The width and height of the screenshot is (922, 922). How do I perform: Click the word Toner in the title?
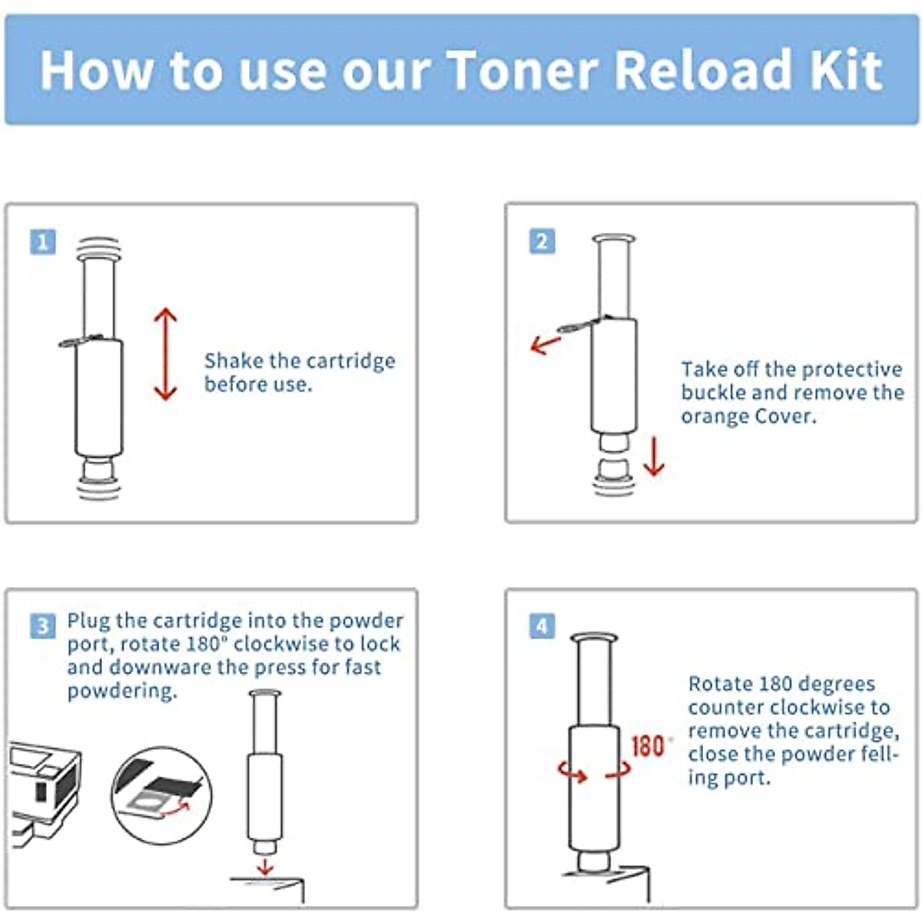522,70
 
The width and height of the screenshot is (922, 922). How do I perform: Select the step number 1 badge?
43,242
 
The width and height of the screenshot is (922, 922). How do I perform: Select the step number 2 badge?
542,241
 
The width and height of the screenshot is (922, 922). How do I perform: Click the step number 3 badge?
43,626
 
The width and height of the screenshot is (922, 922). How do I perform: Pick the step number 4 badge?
542,626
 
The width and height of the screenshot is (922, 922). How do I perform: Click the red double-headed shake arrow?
165,354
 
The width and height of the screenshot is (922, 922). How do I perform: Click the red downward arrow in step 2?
653,456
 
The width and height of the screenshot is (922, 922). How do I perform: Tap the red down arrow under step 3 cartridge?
265,866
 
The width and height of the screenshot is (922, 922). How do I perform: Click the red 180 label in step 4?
648,746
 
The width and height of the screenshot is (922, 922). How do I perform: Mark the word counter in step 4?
725,708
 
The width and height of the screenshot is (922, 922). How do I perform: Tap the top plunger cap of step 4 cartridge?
595,638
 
